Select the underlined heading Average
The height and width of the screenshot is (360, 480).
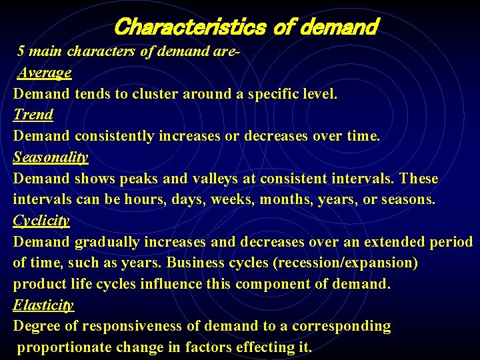tap(45, 72)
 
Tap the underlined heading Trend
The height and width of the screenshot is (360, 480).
tap(33, 115)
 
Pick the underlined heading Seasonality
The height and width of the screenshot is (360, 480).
tap(51, 157)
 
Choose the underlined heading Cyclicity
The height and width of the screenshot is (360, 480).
tap(41, 221)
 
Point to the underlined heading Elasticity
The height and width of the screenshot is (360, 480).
tap(43, 305)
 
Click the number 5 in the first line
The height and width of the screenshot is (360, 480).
tap(21, 51)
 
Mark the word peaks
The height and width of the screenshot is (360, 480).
tap(139, 179)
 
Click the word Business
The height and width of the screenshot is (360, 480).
tap(194, 263)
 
